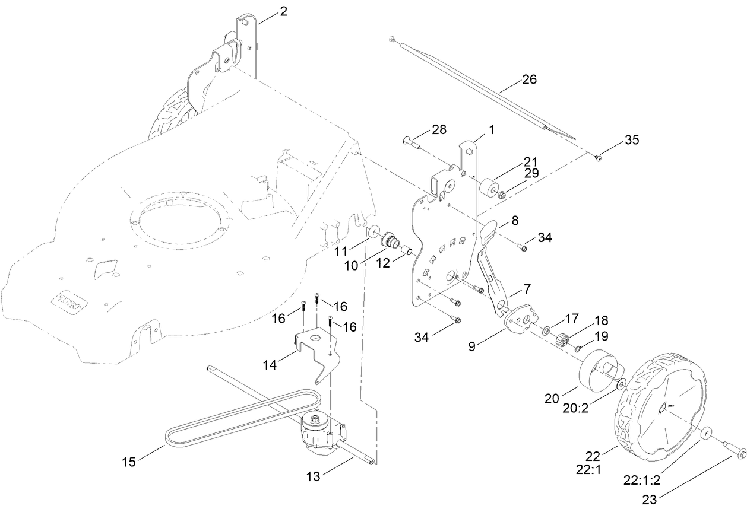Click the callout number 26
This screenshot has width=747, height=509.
tap(528, 79)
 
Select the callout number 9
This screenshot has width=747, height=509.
tap(471, 346)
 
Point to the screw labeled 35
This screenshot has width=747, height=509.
tap(599, 157)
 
